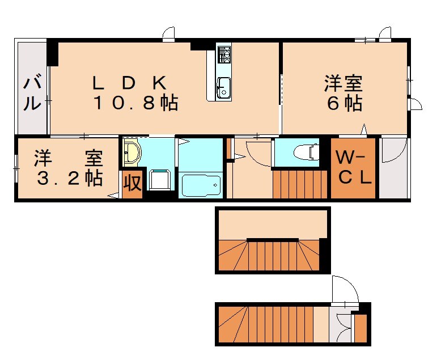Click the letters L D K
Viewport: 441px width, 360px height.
[130, 83]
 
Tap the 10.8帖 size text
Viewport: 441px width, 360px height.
[135, 103]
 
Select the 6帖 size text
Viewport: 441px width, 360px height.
[344, 104]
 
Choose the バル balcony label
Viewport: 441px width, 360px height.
[32, 94]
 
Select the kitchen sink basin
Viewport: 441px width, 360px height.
[223, 87]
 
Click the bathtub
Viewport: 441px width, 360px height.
[200, 185]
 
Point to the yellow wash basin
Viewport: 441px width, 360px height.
[133, 153]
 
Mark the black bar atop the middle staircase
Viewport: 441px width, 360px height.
[273, 240]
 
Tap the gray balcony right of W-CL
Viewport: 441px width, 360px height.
[393, 168]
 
